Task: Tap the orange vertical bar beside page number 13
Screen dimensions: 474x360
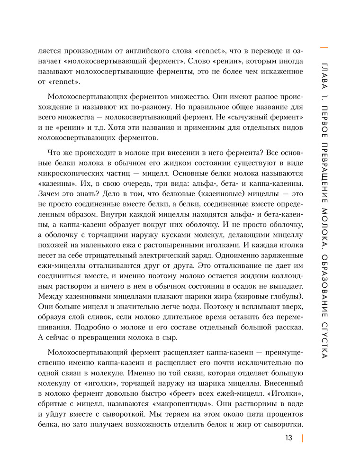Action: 302,438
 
